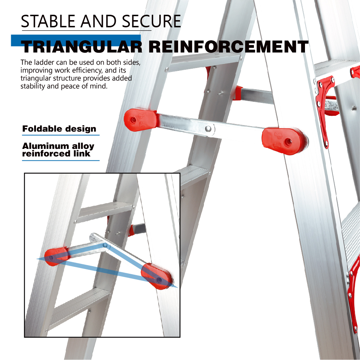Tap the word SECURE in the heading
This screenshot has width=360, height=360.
(151, 21)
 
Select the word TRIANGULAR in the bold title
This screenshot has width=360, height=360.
(82, 47)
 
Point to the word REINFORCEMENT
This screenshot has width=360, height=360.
(228, 47)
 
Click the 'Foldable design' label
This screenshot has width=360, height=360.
(59, 129)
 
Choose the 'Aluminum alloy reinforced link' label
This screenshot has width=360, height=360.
(58, 150)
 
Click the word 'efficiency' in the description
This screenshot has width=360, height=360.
(87, 70)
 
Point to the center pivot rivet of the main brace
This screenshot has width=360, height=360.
(208, 129)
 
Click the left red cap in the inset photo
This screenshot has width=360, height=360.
(56, 256)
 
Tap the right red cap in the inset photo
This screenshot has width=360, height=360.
(156, 277)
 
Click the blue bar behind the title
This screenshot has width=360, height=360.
(76, 40)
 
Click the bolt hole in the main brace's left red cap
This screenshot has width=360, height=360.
(133, 120)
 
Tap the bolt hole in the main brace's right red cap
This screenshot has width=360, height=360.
(288, 142)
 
